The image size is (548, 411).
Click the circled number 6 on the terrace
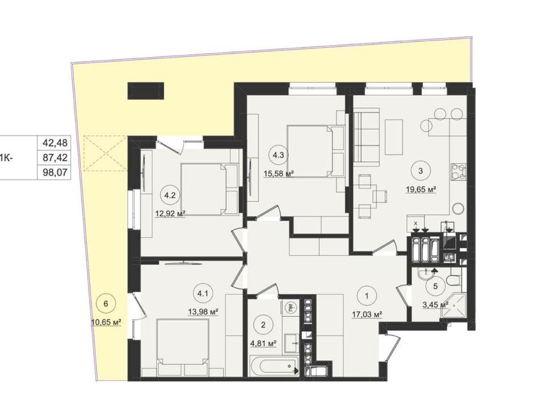tap(106, 304)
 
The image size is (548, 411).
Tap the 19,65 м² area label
tap(421, 190)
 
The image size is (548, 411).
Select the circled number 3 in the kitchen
tap(421, 171)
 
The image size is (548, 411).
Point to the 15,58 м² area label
tap(278, 174)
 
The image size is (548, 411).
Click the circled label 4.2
tap(170, 195)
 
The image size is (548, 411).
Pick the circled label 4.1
tap(203, 293)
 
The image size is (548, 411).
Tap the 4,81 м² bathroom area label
tap(264, 344)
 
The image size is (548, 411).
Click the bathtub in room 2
tap(273, 366)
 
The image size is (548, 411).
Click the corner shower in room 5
tap(453, 307)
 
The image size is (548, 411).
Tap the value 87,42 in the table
tap(55, 158)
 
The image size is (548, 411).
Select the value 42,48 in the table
tap(55, 143)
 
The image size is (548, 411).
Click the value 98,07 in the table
tap(55, 172)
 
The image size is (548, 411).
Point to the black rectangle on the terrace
tap(146, 91)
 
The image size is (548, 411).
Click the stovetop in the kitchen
tap(458, 172)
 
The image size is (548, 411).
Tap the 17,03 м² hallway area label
tap(367, 315)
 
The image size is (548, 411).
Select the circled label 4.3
tap(278, 155)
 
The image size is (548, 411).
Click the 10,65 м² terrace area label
tap(106, 322)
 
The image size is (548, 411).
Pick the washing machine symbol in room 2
tap(291, 308)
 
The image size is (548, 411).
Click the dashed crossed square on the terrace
tap(106, 153)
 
